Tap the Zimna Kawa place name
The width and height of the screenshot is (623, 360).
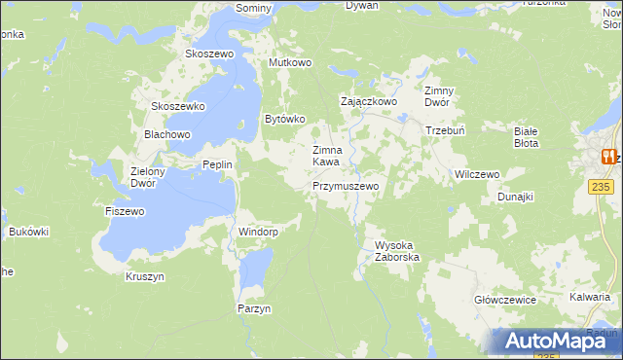click(x=326, y=156)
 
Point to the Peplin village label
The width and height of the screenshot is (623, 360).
click(x=217, y=164)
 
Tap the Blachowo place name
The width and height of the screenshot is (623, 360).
click(x=166, y=134)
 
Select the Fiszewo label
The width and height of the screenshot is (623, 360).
click(x=125, y=210)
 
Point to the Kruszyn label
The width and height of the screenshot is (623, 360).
click(x=145, y=276)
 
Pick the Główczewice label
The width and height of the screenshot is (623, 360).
click(x=505, y=300)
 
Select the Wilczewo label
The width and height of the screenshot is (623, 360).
click(x=477, y=174)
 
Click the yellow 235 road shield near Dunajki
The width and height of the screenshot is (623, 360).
click(x=601, y=185)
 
